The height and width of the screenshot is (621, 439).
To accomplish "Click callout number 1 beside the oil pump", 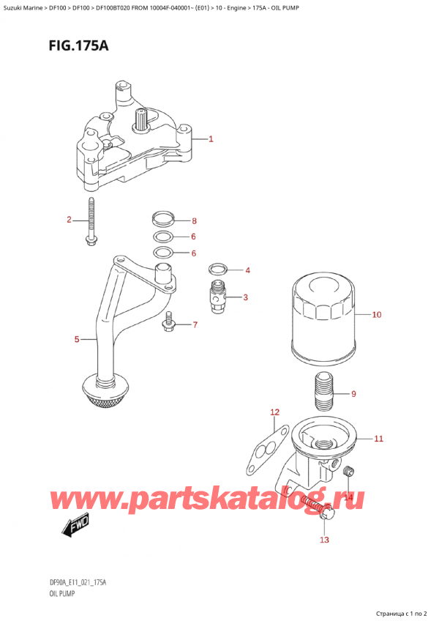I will pyautogui.click(x=211, y=139).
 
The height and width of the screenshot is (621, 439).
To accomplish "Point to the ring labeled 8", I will pyautogui.click(x=164, y=218).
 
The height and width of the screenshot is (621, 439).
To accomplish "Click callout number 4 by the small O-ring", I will pyautogui.click(x=247, y=271).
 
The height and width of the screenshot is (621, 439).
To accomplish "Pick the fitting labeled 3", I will pyautogui.click(x=217, y=297).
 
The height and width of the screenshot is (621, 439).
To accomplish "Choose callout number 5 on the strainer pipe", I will pyautogui.click(x=77, y=339).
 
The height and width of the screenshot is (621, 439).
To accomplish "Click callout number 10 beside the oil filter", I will pyautogui.click(x=377, y=316).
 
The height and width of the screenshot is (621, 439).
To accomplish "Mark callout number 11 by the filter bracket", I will pyautogui.click(x=378, y=439).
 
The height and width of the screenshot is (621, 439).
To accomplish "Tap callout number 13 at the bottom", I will pyautogui.click(x=324, y=540).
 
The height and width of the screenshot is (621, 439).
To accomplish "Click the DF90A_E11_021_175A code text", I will pyautogui.click(x=75, y=584).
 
